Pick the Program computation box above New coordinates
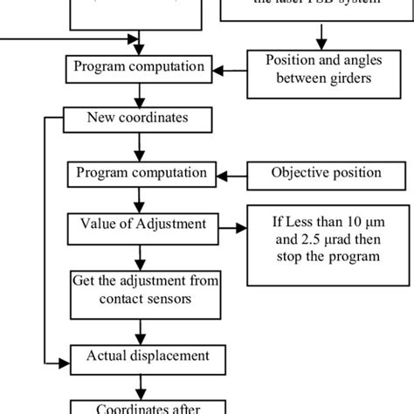click(x=140, y=66)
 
